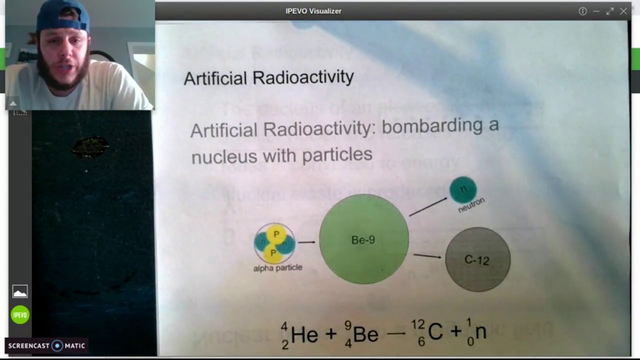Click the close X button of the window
[623, 11]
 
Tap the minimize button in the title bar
[596, 11]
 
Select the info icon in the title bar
[582, 11]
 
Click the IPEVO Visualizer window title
[313, 11]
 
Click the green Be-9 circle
[363, 239]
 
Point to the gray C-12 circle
[477, 259]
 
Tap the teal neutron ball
[463, 189]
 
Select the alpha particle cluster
[275, 243]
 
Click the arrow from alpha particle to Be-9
[306, 242]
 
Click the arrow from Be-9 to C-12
[427, 256]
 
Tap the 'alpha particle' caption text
[277, 268]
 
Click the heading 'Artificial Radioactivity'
[268, 77]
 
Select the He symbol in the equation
[304, 334]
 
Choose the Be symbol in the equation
[365, 334]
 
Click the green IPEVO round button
[20, 315]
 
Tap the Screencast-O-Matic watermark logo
[47, 345]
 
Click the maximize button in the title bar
[610, 11]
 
